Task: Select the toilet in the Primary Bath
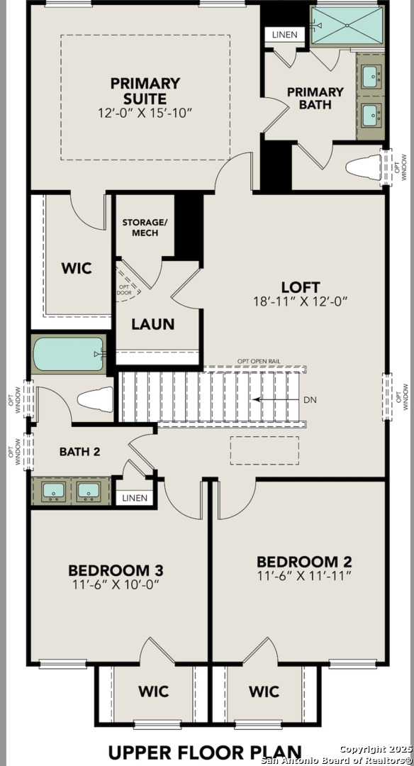(x=363, y=168)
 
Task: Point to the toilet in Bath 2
(x=96, y=399)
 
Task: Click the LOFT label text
(x=296, y=287)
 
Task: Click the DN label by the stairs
(x=310, y=400)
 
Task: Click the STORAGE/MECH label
(x=145, y=227)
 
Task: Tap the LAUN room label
(x=153, y=324)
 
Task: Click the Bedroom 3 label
(x=116, y=570)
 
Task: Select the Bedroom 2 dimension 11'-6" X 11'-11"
(x=304, y=576)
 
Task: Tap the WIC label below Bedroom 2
(x=264, y=691)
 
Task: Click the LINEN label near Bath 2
(x=135, y=498)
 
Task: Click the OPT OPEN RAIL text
(x=259, y=361)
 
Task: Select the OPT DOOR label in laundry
(x=124, y=290)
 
